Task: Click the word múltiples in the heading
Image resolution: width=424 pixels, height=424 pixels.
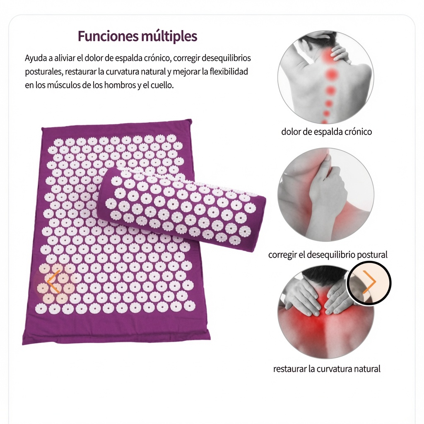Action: click(x=169, y=36)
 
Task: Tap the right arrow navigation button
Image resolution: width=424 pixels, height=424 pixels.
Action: click(x=369, y=283)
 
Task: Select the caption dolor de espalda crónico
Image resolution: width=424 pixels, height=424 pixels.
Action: click(x=326, y=132)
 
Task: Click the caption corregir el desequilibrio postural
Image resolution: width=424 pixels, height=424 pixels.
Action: click(x=328, y=255)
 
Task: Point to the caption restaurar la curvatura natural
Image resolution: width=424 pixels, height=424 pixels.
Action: click(x=327, y=369)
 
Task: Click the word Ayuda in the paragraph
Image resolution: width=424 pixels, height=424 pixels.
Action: click(x=36, y=58)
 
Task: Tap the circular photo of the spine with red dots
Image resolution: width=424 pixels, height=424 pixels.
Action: click(x=326, y=77)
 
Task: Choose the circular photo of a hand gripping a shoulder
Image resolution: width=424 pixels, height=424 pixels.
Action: click(x=326, y=195)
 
